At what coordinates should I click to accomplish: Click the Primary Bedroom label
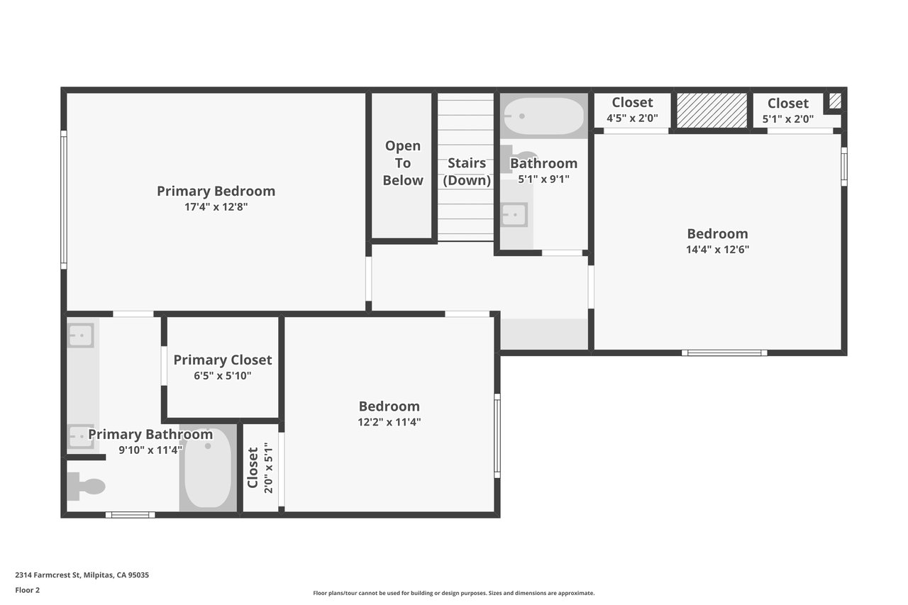point(216,192)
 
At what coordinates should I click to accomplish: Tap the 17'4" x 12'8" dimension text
point(216,207)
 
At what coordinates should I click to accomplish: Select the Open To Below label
point(402,163)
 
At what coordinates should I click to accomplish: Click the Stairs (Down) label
point(467,172)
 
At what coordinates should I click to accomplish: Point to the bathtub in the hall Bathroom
point(543,116)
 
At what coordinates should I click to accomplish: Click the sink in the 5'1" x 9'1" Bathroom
point(514,214)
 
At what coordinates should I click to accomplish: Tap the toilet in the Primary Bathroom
point(86,487)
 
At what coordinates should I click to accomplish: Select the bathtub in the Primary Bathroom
point(208,468)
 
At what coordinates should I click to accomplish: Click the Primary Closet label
point(223,360)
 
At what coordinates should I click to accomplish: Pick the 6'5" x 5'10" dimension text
point(223,376)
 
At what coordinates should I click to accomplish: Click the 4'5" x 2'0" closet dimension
point(632,118)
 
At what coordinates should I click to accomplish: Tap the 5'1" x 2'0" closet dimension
point(788,119)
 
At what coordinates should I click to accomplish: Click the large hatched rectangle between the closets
point(712,110)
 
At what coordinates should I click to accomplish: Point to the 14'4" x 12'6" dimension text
point(717,250)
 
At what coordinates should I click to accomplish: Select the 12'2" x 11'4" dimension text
point(389,422)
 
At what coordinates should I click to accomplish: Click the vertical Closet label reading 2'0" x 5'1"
point(260,467)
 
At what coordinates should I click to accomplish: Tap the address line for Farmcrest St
point(82,575)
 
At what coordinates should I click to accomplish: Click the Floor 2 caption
point(28,590)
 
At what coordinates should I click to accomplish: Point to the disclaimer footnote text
point(453,593)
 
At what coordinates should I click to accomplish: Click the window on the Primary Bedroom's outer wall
point(64,200)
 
